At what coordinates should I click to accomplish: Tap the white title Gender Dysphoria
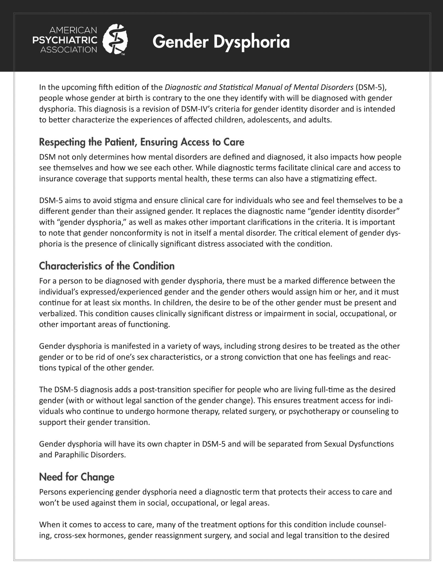221,42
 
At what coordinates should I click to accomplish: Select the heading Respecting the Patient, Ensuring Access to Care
142,142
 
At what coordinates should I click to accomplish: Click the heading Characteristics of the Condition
107,266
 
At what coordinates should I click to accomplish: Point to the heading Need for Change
77,477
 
